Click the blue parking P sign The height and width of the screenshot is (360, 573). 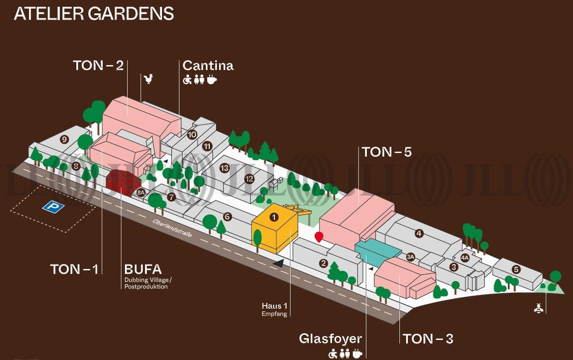(53, 207)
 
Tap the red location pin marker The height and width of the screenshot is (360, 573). (319, 236)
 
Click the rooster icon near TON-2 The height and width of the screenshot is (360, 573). (149, 79)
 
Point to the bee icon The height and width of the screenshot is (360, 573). (538, 307)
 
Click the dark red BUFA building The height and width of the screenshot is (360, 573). (123, 182)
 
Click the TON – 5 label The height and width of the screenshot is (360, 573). (386, 152)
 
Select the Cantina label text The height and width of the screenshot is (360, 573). (208, 66)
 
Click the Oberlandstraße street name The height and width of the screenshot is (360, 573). (172, 228)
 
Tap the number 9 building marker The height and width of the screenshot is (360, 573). (65, 140)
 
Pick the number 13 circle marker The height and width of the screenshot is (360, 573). (224, 168)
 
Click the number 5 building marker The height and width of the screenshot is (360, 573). (516, 269)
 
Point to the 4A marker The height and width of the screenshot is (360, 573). (465, 257)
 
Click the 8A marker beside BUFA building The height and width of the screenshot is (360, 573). (141, 193)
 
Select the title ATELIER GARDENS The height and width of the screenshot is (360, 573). (94, 13)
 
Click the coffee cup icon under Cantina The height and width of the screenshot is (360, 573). (212, 80)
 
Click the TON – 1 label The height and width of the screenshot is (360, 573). (74, 269)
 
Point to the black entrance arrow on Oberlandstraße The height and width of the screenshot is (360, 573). (278, 264)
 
